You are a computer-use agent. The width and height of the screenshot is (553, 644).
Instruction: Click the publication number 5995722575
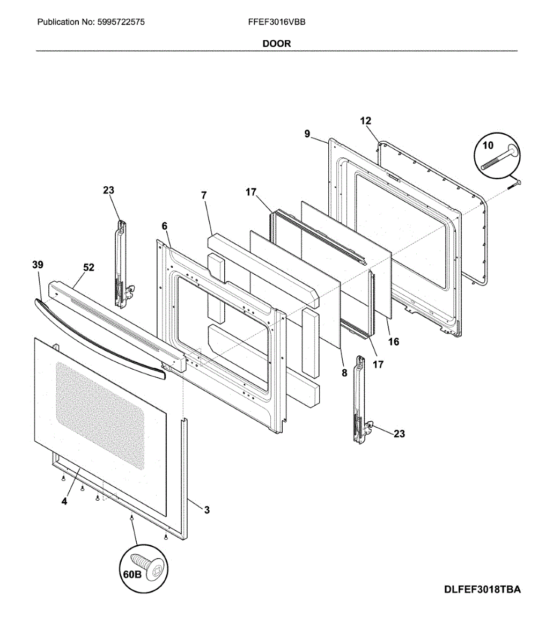tap(121, 23)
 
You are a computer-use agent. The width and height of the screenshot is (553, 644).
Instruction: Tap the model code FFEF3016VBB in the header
tap(277, 23)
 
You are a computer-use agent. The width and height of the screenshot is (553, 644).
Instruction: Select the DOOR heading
tap(277, 43)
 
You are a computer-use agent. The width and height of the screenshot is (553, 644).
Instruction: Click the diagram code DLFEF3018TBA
tap(482, 590)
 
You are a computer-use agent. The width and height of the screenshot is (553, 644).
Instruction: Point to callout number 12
tap(366, 121)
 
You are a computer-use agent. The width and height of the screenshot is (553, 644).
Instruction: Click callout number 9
tap(307, 134)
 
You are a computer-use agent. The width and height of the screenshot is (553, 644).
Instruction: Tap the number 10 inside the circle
tap(488, 145)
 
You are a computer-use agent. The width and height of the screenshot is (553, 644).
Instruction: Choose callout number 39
tap(38, 265)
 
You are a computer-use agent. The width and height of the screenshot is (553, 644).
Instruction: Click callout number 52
tap(89, 267)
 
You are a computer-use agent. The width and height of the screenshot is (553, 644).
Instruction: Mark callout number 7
tap(204, 195)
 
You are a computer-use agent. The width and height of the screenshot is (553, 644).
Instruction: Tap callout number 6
tap(165, 226)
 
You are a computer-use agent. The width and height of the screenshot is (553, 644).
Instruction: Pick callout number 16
tap(394, 341)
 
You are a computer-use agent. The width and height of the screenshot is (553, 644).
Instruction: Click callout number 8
tap(344, 372)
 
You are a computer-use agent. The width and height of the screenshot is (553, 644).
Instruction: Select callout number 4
tap(64, 502)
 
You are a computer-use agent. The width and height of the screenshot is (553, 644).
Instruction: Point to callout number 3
tap(207, 510)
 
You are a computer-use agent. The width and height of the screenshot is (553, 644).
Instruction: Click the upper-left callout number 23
tap(108, 190)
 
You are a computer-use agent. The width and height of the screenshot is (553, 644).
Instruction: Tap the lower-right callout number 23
tap(399, 434)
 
